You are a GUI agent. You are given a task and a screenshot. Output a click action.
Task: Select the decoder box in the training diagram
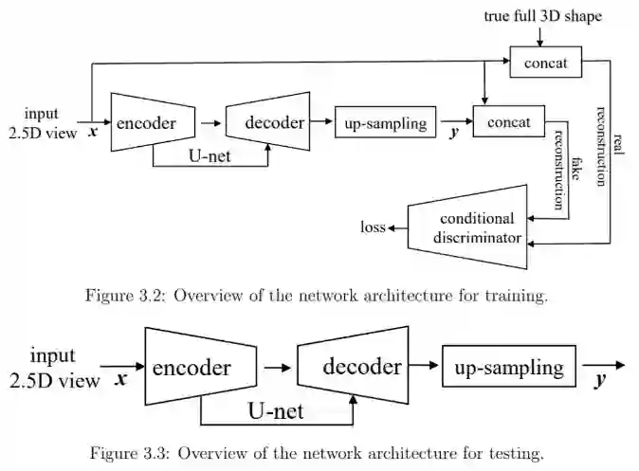274,122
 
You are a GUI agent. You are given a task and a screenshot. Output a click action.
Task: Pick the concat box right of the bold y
507,123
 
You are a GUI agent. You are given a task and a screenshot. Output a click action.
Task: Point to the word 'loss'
373,227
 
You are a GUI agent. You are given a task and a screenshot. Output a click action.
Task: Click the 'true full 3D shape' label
541,16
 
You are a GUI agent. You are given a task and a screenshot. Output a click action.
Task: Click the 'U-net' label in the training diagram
211,152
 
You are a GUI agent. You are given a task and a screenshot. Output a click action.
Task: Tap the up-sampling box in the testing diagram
509,368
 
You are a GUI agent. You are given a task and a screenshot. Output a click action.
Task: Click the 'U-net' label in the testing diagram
275,411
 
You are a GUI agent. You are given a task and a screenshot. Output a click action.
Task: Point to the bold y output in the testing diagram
599,381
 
